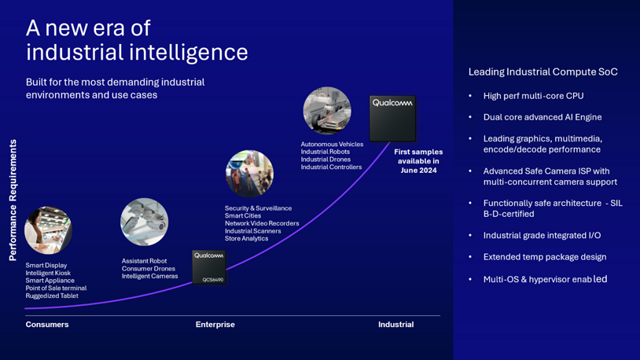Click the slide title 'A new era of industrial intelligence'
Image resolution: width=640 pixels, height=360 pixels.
click(x=137, y=40)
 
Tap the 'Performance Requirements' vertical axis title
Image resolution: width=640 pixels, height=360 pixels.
click(x=13, y=200)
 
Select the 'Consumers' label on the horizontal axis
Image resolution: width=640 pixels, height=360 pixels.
click(x=47, y=325)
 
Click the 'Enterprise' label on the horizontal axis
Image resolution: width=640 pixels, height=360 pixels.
click(x=215, y=325)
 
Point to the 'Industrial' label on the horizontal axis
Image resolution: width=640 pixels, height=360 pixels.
click(x=395, y=325)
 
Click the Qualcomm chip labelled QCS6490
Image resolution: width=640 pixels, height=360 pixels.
click(x=209, y=266)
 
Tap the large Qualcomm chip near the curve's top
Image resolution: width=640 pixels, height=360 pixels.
click(x=392, y=118)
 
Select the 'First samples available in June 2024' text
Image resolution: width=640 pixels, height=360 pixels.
click(x=418, y=161)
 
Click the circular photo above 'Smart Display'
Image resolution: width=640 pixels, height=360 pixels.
click(x=48, y=230)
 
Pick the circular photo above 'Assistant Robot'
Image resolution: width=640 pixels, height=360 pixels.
click(x=144, y=222)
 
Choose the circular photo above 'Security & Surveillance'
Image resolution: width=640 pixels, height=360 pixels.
click(x=249, y=173)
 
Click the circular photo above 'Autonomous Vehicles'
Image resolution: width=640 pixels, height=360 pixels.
click(x=327, y=111)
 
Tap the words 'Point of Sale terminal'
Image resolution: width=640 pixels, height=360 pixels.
click(x=56, y=288)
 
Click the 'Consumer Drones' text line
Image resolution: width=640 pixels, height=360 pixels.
click(x=148, y=269)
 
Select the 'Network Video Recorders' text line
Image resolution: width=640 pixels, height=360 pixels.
click(x=262, y=223)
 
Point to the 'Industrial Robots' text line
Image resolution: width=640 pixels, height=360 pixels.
click(x=325, y=152)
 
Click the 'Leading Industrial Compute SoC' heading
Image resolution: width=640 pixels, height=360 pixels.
click(x=543, y=72)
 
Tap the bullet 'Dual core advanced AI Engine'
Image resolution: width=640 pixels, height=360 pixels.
click(x=542, y=117)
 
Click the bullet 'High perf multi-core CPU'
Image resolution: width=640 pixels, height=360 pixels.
click(x=533, y=96)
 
